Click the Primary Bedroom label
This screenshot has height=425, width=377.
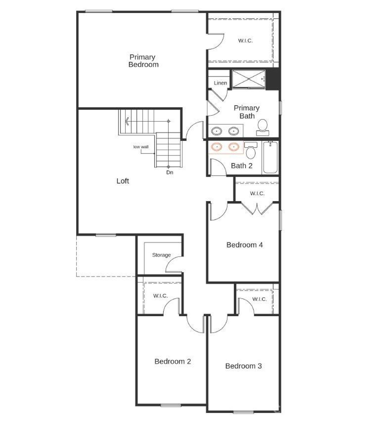(143, 61)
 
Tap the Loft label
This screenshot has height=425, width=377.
(123, 181)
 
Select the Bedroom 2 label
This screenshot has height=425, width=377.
(173, 361)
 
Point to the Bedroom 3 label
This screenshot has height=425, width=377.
(243, 366)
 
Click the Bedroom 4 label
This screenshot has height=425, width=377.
(244, 245)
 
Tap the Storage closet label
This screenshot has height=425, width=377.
(161, 255)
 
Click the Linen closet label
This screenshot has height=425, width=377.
(220, 83)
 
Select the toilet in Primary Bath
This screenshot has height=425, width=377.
(262, 127)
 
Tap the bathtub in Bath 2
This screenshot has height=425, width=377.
(270, 157)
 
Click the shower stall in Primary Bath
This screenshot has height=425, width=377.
(248, 79)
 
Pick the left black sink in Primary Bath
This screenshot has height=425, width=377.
(217, 130)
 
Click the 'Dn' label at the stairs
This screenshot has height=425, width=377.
(170, 173)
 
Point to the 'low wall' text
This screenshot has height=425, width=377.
(141, 147)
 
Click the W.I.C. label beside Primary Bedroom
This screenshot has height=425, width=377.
(245, 41)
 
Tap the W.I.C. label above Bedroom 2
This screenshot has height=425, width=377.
(161, 296)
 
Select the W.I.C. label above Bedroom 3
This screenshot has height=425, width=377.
(259, 299)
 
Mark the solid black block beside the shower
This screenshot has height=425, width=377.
(273, 79)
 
